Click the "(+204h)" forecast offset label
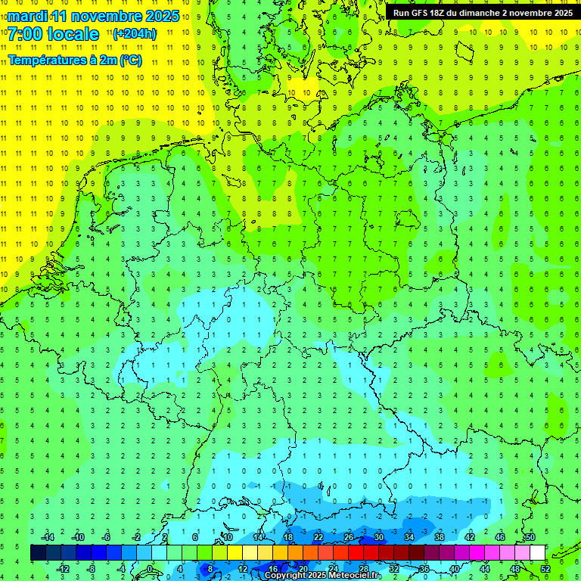coord(135,34)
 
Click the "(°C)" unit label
coord(130,61)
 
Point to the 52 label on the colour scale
coord(545,569)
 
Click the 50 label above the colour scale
coord(530,537)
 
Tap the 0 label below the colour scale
coord(151,569)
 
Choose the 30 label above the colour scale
coord(379,537)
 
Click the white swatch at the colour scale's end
coord(537,553)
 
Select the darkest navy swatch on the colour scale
coord(38,553)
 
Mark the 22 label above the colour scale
coord(318,537)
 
